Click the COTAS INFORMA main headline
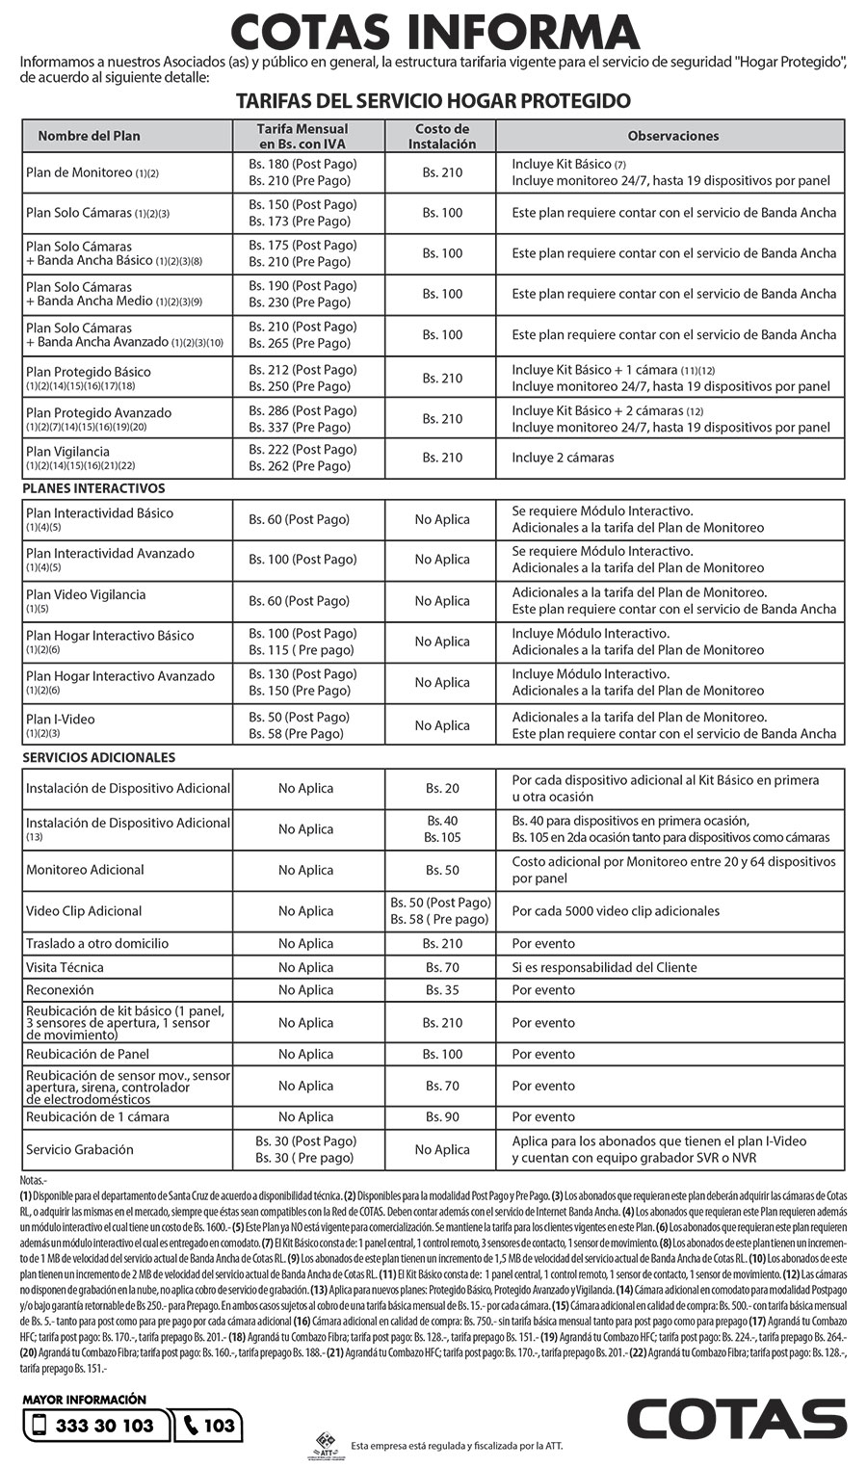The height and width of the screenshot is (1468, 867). pyautogui.click(x=434, y=32)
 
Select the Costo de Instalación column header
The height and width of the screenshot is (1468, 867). pyautogui.click(x=442, y=136)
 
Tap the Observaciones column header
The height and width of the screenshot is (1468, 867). pyautogui.click(x=672, y=136)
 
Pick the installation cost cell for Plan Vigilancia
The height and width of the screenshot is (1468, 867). pyautogui.click(x=442, y=458)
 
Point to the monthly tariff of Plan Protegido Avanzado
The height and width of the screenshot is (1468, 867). pyautogui.click(x=302, y=419)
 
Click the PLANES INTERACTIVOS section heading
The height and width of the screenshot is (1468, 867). pyautogui.click(x=93, y=488)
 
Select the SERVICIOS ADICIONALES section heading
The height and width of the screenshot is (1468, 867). pyautogui.click(x=98, y=757)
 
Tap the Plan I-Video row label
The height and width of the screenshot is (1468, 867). pyautogui.click(x=61, y=720)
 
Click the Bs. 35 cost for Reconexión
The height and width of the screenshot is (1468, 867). pyautogui.click(x=442, y=990)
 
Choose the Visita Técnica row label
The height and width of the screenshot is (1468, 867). pyautogui.click(x=65, y=967)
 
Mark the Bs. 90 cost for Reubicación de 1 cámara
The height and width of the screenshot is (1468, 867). pyautogui.click(x=442, y=1117)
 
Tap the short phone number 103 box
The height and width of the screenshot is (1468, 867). pyautogui.click(x=209, y=1426)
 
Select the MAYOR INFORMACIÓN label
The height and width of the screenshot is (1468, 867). pyautogui.click(x=85, y=1400)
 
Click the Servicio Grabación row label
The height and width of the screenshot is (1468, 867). pyautogui.click(x=80, y=1149)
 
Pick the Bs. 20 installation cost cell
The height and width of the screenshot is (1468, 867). pyautogui.click(x=442, y=789)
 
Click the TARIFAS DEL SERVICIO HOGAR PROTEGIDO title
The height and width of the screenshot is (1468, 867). pyautogui.click(x=433, y=101)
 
